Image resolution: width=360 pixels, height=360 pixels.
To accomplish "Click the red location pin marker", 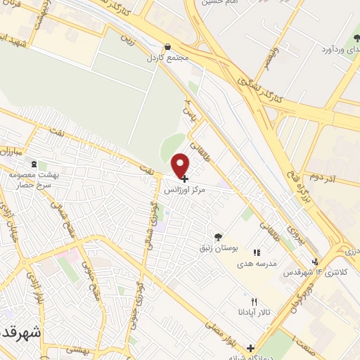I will click(x=181, y=165).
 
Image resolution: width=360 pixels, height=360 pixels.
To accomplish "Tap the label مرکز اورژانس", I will click(x=186, y=190).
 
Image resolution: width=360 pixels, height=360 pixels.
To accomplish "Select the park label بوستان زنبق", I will click(x=219, y=247).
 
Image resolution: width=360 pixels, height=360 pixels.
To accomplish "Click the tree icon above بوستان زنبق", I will click(x=219, y=237).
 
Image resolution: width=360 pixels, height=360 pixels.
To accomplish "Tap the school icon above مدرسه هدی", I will click(x=257, y=252).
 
